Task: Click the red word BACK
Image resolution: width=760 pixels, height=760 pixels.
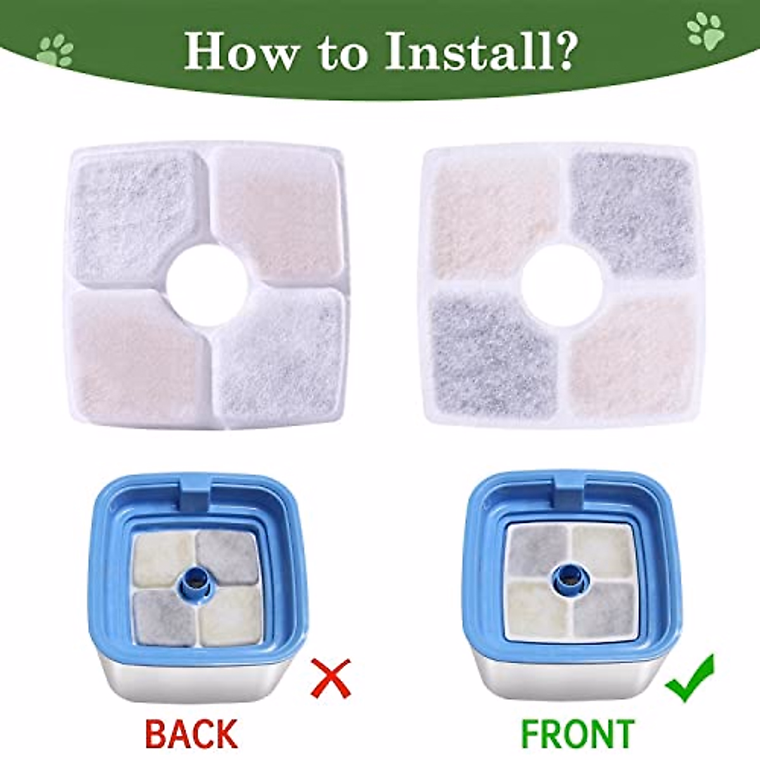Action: (191, 734)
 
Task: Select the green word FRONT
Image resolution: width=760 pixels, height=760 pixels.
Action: (576, 734)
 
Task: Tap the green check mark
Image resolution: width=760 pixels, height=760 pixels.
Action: (691, 679)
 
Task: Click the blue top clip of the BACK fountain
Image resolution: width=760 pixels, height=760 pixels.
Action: (196, 491)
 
